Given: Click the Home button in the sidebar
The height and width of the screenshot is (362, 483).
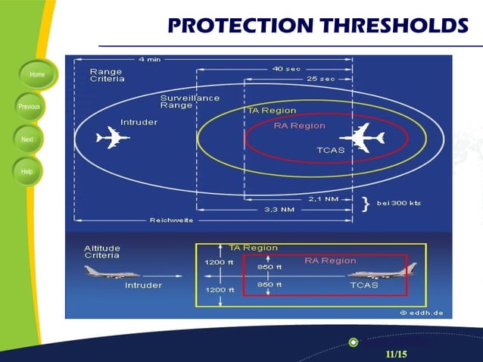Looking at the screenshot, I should tap(36, 75).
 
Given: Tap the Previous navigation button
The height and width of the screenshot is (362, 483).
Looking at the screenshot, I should tap(30, 107).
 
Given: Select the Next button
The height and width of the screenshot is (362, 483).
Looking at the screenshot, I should tap(27, 139).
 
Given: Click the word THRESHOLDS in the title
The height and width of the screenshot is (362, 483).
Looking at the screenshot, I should tap(394, 25).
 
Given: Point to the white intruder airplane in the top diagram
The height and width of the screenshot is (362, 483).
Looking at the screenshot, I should tap(113, 138).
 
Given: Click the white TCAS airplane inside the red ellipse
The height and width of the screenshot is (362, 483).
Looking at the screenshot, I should tap(363, 137).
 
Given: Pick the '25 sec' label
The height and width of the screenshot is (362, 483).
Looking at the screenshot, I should tap(320, 79).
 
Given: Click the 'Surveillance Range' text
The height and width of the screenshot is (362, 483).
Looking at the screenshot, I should tap(189, 101).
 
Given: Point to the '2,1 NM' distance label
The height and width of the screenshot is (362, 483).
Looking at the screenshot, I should tap(323, 199).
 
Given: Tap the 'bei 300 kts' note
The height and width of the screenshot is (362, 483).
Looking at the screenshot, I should tap(398, 204).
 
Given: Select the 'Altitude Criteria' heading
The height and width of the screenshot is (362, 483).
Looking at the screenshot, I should tap(101, 252).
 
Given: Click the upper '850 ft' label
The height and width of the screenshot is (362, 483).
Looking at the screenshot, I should tap(270, 267).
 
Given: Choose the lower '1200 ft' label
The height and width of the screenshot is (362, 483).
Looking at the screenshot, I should tap(220, 289).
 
